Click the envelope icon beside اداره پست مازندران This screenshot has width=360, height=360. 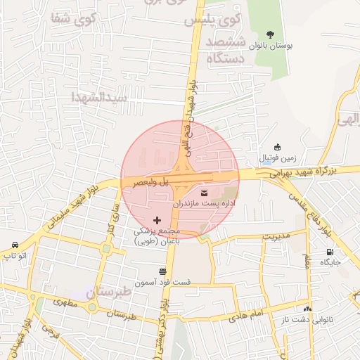click(205, 193)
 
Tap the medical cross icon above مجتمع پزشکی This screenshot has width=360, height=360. click(156, 221)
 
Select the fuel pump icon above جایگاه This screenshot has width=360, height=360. click(330, 252)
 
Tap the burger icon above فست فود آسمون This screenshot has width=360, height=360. click(163, 271)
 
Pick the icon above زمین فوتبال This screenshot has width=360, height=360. click(278, 147)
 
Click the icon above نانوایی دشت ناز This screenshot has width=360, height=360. click(307, 308)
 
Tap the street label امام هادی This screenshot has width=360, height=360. click(247, 315)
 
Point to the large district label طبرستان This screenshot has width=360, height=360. click(109, 292)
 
